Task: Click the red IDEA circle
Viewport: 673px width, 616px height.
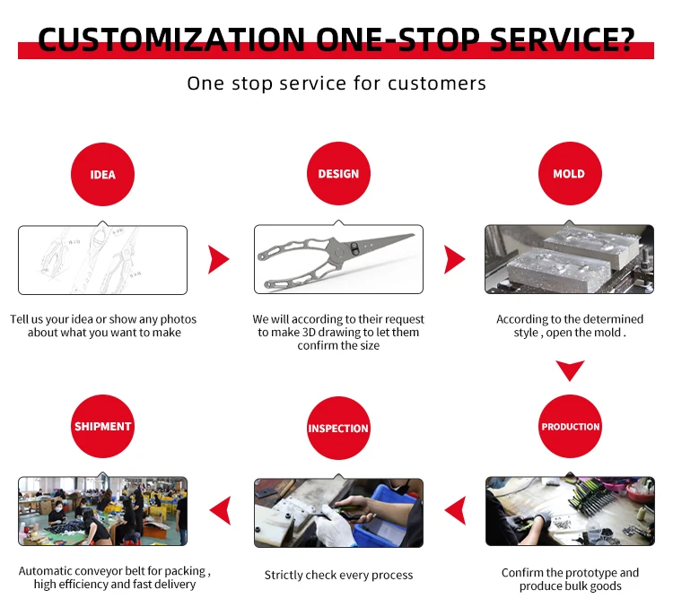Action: coord(103,174)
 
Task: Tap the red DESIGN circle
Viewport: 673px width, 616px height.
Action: coord(338,174)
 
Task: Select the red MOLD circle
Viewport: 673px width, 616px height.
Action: coord(569,174)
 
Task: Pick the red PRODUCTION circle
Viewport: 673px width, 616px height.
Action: coord(570,427)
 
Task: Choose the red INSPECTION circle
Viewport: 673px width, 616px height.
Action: coord(338,429)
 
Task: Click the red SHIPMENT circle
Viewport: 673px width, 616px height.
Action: coord(103,427)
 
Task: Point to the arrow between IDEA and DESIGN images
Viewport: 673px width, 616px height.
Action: coord(218,260)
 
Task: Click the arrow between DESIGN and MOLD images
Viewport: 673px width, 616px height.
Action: coord(454,260)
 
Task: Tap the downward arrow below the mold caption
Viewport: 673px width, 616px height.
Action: coord(570,370)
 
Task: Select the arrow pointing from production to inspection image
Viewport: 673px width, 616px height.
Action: coord(456,511)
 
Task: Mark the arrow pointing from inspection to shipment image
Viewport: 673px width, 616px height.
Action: coord(220,511)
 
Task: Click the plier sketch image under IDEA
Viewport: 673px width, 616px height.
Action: coord(103,260)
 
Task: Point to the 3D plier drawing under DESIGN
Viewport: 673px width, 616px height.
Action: coord(338,260)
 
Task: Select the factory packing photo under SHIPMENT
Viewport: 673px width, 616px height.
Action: coord(103,511)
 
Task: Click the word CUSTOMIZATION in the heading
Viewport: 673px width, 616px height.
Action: coord(170,40)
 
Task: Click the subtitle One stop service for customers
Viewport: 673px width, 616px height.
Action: coord(336,83)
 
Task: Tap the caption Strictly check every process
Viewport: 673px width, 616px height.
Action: coord(338,575)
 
